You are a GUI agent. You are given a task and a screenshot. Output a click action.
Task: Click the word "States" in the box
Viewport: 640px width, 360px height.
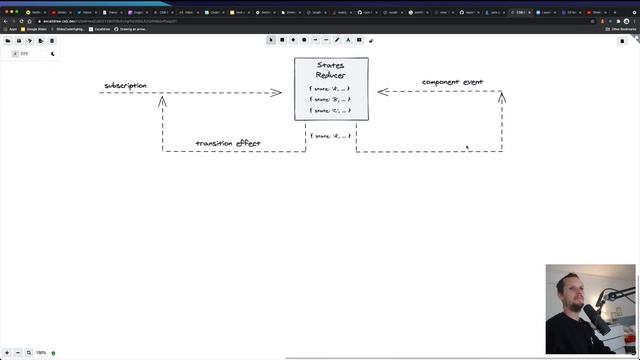pos(330,65)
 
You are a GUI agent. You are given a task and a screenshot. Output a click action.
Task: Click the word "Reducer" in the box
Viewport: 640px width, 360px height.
pos(330,75)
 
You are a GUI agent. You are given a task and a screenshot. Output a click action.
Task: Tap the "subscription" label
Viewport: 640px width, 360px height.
pos(125,86)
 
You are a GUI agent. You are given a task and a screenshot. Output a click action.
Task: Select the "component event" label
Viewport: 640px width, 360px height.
pos(452,82)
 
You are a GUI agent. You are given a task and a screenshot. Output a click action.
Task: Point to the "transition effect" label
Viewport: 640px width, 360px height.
pos(228,144)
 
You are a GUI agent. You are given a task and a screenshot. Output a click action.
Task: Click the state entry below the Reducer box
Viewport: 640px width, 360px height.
pos(330,136)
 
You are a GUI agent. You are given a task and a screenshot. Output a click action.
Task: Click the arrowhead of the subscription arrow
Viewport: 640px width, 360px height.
pos(277,93)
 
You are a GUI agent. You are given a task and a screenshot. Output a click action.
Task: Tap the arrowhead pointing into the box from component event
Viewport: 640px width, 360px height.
pos(381,92)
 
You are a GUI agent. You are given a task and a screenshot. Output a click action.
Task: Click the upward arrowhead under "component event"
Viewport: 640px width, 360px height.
pos(502,97)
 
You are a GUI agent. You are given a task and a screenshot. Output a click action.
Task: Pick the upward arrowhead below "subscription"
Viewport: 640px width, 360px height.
pos(162,100)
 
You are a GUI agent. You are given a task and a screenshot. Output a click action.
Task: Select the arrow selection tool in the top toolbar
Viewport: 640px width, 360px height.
pos(271,40)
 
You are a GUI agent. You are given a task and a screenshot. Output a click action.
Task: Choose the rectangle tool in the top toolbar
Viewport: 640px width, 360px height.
pos(282,40)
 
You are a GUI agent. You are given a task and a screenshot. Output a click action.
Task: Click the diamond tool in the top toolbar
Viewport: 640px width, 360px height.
pos(293,40)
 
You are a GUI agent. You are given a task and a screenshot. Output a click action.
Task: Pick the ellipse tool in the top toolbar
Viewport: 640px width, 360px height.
pos(304,40)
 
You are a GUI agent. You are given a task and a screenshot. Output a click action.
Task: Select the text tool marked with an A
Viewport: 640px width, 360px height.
pos(348,40)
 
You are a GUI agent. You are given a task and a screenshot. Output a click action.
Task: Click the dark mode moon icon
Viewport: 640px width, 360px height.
pos(53,54)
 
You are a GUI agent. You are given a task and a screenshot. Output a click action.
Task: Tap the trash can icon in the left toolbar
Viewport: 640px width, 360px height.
pos(51,41)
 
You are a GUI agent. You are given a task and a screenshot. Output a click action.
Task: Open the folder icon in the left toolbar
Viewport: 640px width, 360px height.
pos(8,41)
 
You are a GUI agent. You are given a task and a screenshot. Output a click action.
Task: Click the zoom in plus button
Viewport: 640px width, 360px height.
pos(29,352)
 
